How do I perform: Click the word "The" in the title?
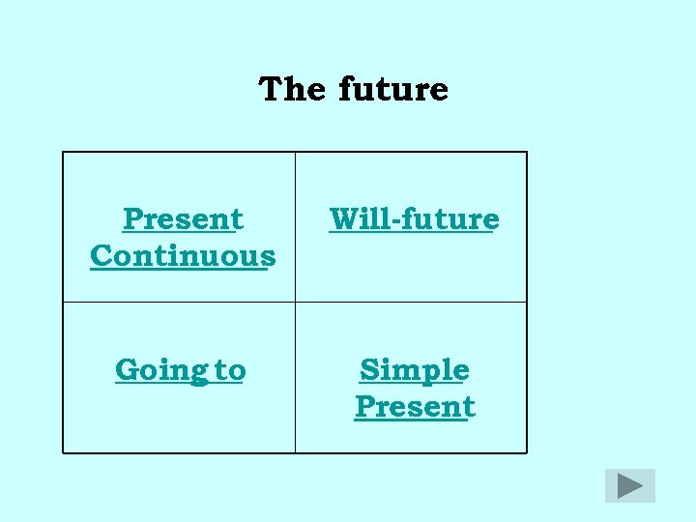[x=292, y=89]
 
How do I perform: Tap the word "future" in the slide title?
[x=393, y=89]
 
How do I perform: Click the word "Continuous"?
[x=183, y=256]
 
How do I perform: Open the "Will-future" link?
[x=413, y=219]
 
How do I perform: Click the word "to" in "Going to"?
[x=230, y=370]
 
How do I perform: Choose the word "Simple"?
[x=414, y=370]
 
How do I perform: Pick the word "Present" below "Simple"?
[x=414, y=407]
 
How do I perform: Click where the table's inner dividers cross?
[x=295, y=303]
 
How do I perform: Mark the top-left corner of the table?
[x=63, y=152]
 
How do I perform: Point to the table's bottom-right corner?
[x=527, y=452]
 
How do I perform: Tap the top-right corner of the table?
[x=527, y=152]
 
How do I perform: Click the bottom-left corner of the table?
[x=63, y=452]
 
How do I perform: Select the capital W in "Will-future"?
[x=344, y=219]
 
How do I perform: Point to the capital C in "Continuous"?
[x=101, y=256]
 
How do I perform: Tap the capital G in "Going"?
[x=127, y=370]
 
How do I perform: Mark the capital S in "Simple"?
[x=369, y=370]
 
